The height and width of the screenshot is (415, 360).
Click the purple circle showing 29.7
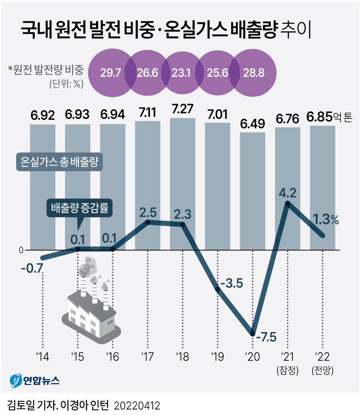[111, 72]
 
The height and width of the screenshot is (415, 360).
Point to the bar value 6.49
[252, 124]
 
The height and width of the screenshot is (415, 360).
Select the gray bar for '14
[43, 187]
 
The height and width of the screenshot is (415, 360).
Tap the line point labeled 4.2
[288, 203]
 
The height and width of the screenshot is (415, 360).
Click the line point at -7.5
[253, 334]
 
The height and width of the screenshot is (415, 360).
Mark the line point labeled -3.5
[218, 289]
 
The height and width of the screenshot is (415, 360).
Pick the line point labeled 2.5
[147, 222]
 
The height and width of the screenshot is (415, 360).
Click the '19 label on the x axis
[218, 356]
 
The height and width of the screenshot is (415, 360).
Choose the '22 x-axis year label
[323, 356]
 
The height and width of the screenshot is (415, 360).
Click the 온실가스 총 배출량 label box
[60, 162]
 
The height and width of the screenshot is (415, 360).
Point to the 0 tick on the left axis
[21, 250]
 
